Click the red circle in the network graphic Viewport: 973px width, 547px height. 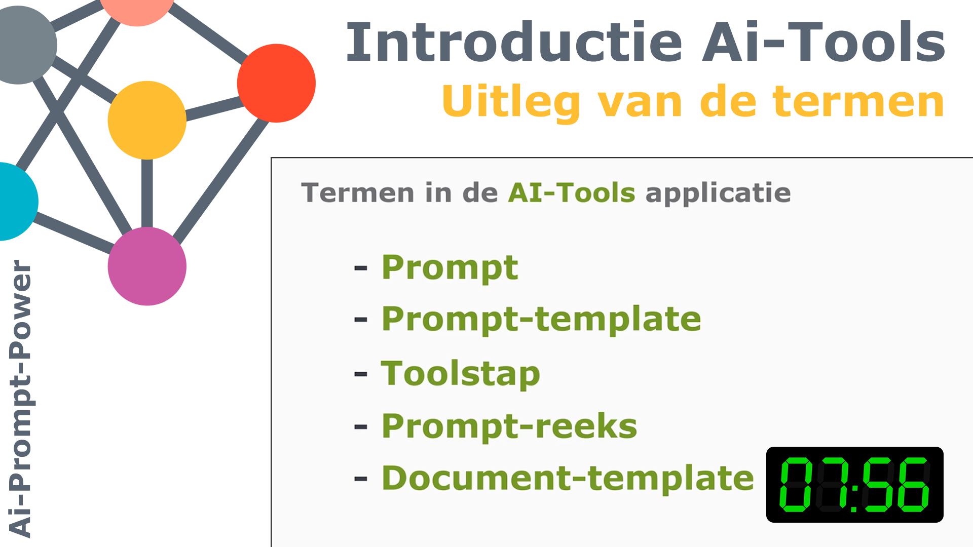tap(276, 83)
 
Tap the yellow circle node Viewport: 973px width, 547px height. tap(147, 120)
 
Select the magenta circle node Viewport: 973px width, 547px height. tap(147, 266)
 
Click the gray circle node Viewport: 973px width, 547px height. tap(23, 45)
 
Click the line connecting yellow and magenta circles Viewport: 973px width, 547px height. tap(147, 193)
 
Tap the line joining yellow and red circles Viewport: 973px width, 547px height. tap(215, 109)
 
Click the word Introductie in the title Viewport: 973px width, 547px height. tap(514, 43)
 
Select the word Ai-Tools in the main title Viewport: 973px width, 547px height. tap(824, 43)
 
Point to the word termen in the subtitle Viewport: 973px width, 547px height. tap(858, 101)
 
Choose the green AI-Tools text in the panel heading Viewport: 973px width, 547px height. tap(572, 193)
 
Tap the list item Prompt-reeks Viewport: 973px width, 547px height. tap(509, 426)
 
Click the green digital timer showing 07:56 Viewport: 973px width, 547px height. tap(854, 485)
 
